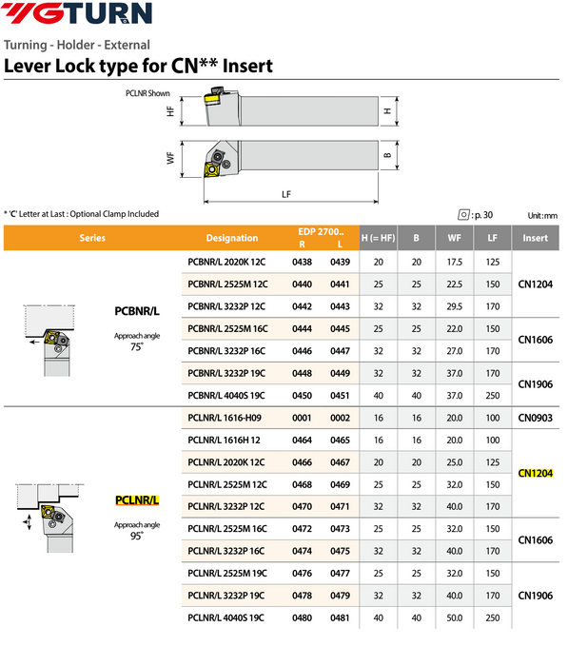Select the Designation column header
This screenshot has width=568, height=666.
tap(231, 238)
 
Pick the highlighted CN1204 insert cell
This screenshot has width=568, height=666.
tap(536, 473)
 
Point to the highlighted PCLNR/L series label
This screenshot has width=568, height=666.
tap(137, 500)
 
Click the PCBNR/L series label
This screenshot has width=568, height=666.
tap(137, 310)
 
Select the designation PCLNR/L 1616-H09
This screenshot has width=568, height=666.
tap(225, 418)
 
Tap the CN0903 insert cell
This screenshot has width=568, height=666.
tap(536, 418)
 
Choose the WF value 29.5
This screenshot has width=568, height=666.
tap(454, 304)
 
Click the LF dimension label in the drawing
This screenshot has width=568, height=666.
tap(286, 194)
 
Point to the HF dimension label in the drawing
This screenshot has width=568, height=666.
tap(170, 111)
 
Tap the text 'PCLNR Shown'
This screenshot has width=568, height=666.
tap(147, 93)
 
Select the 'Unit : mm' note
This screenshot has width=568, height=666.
tap(542, 216)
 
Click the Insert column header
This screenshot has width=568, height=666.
tap(536, 238)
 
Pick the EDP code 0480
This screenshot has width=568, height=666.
tap(302, 618)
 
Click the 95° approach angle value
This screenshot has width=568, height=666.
tap(136, 536)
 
